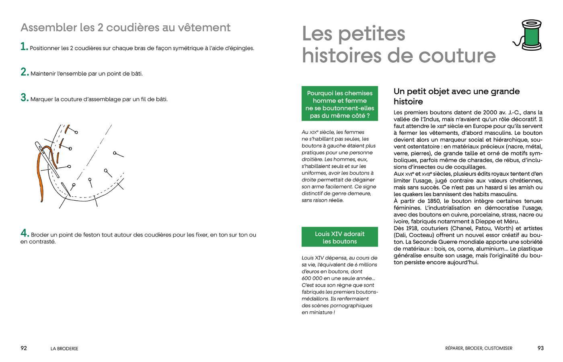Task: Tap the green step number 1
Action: [24, 47]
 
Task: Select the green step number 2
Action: [24, 72]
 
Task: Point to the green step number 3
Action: [24, 98]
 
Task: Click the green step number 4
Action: [25, 233]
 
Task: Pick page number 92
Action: [24, 348]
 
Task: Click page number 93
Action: [540, 348]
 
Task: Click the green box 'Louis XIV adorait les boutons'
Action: [339, 237]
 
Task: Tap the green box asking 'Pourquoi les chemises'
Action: [339, 104]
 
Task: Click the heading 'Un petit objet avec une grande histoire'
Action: [456, 97]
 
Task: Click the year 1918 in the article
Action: [411, 228]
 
